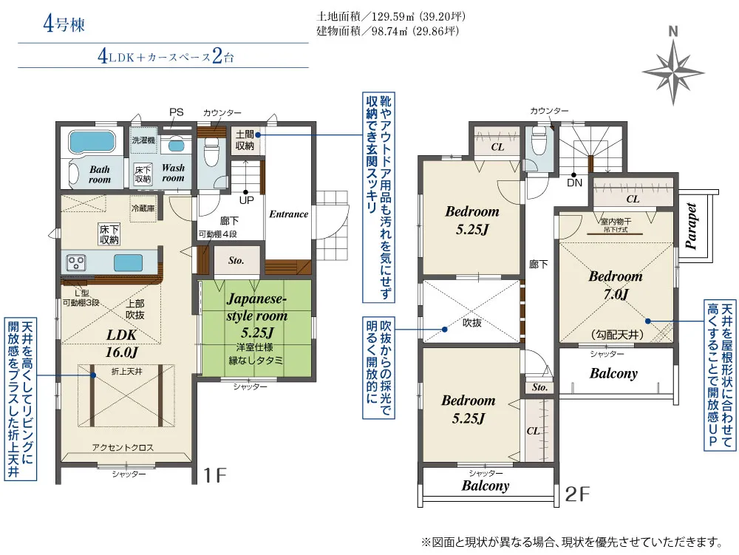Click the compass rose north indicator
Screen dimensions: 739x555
[x=673, y=66]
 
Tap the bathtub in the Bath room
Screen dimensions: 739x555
[x=92, y=141]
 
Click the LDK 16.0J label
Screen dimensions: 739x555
[x=122, y=344]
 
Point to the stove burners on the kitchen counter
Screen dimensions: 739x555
[x=76, y=262]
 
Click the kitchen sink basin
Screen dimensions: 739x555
[x=128, y=262]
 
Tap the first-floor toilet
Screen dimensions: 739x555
[x=210, y=151]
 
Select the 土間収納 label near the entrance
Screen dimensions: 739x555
[x=245, y=140]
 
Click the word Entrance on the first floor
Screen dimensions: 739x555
[x=288, y=214]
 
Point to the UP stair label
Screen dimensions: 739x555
[x=247, y=200]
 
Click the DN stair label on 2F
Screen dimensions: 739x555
[x=574, y=183]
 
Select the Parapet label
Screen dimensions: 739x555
[x=691, y=225]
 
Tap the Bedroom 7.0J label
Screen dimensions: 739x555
[x=616, y=285]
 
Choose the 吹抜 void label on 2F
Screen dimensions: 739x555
[x=471, y=323]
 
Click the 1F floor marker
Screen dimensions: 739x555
[x=215, y=475]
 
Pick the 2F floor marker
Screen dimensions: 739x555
[x=577, y=494]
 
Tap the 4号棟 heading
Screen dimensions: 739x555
[x=64, y=24]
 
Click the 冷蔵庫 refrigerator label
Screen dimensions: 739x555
[x=143, y=208]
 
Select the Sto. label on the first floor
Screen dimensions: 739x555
[x=236, y=261]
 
